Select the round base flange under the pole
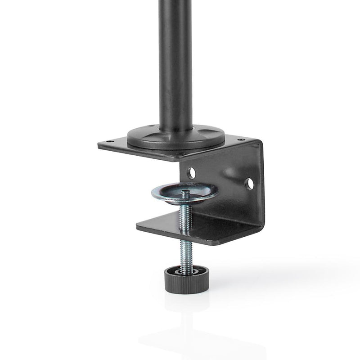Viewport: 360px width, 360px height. tap(175, 137)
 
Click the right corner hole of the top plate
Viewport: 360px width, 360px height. tap(243, 139)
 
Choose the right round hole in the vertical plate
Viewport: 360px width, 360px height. tap(248, 183)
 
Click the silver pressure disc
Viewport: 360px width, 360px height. tap(184, 193)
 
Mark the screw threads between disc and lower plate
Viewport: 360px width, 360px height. tap(185, 214)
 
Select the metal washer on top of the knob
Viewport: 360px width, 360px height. tap(186, 268)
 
